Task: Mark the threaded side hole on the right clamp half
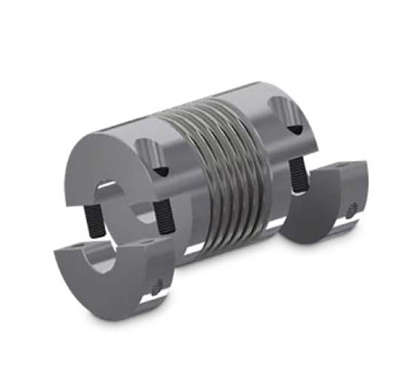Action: [x=352, y=209]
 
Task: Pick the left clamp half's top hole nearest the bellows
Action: [x=149, y=240]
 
